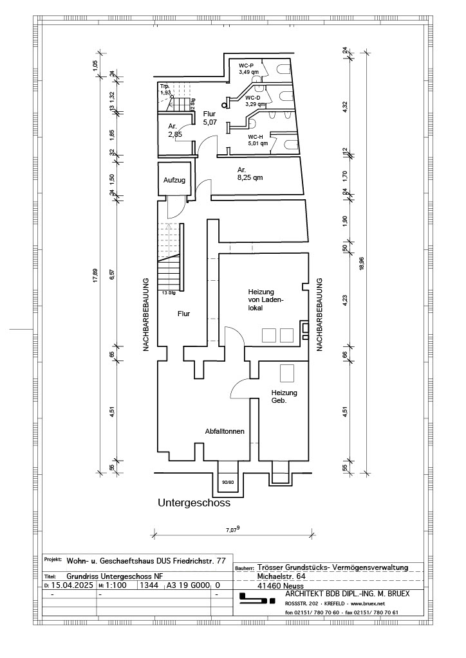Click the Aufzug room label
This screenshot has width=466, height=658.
click(174, 181)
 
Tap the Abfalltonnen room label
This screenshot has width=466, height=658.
click(224, 431)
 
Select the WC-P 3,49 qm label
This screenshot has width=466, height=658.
click(247, 69)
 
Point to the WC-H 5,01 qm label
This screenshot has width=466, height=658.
click(256, 141)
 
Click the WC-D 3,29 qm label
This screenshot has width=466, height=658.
click(254, 101)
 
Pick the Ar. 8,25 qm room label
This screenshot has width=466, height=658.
click(248, 173)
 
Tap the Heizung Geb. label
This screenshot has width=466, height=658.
click(283, 396)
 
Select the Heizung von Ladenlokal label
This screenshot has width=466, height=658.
click(266, 299)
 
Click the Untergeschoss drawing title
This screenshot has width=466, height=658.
click(194, 504)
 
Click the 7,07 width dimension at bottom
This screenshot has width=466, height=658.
click(232, 529)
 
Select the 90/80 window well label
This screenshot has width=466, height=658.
click(227, 481)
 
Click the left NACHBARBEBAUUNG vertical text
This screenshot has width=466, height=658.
click(146, 314)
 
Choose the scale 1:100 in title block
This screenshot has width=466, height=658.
click(116, 585)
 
